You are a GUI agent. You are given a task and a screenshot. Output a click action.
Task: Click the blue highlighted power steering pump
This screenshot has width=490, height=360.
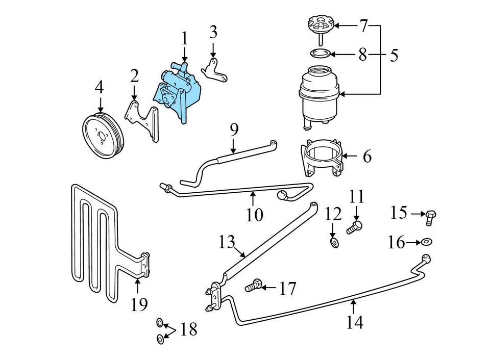176,92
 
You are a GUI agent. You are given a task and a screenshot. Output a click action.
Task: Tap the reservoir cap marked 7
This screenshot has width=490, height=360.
321,25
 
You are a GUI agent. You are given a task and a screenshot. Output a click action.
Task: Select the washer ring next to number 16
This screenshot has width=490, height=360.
427,242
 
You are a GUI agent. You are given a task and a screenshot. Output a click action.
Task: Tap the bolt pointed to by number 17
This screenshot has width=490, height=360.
254,287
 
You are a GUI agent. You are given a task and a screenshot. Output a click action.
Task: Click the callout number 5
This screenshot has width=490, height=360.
394,55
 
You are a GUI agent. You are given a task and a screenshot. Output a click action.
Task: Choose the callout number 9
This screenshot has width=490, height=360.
234,130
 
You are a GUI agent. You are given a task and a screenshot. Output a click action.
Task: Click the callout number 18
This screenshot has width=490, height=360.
188,329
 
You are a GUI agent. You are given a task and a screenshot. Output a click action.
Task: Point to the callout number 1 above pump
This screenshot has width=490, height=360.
184,39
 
